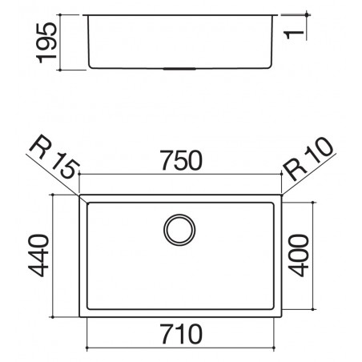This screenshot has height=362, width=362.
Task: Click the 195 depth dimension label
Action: coord(46,42)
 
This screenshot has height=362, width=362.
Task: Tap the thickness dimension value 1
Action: coord(295,34)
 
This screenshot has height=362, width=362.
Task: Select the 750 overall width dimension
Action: coord(181,160)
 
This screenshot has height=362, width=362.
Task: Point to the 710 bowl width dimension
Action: coord(181,334)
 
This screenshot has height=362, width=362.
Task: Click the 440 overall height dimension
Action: coord(38,255)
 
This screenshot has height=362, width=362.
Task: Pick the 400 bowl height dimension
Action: coord(299,255)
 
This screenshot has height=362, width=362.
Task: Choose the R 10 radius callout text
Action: coord(308,159)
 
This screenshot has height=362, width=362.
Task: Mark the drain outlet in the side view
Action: coord(179,69)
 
